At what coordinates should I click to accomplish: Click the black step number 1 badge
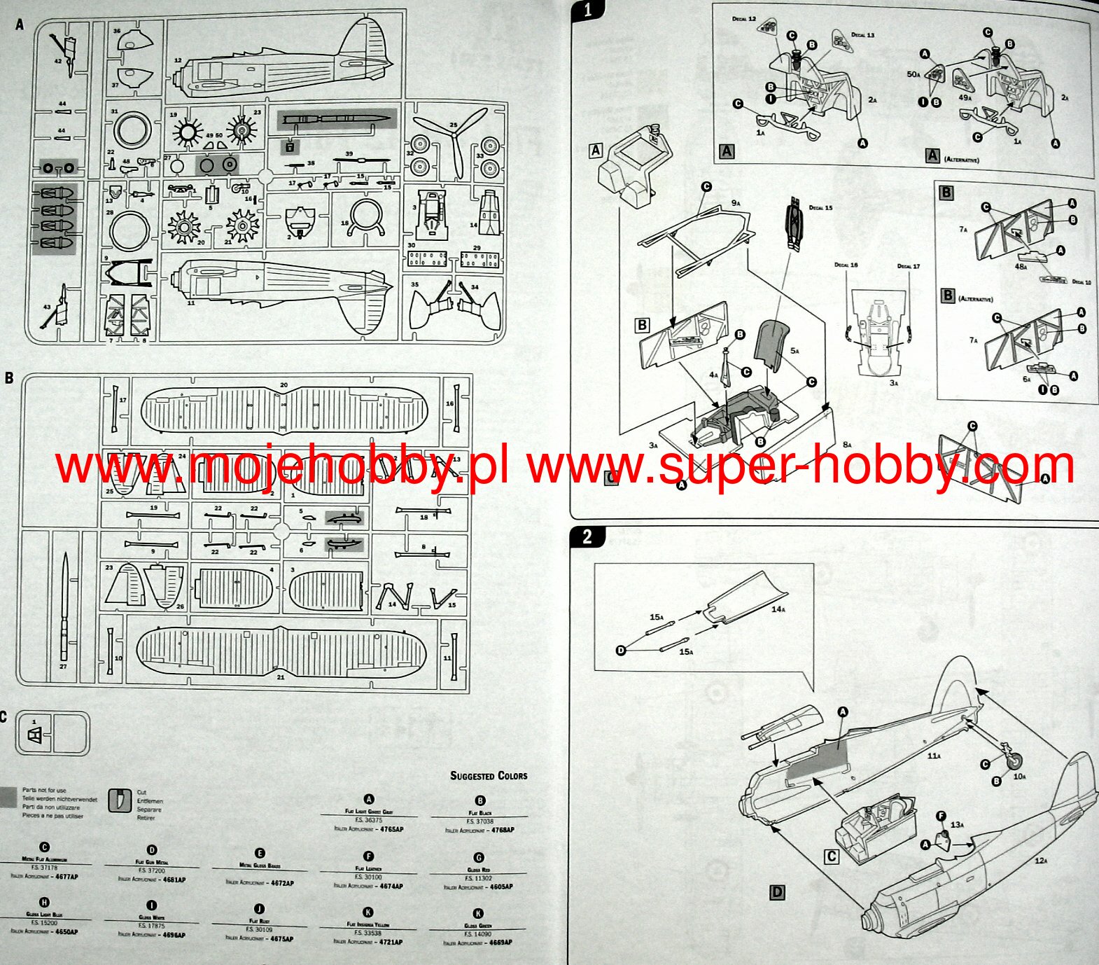pyautogui.click(x=587, y=10)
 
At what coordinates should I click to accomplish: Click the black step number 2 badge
pyautogui.click(x=587, y=536)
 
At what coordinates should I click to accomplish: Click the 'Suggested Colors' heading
pyautogui.click(x=489, y=776)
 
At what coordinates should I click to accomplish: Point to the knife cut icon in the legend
pyautogui.click(x=120, y=800)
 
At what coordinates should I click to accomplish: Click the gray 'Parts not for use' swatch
pyautogui.click(x=8, y=797)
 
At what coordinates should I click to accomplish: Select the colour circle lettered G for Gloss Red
pyautogui.click(x=479, y=858)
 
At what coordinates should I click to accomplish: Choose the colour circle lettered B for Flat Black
pyautogui.click(x=480, y=801)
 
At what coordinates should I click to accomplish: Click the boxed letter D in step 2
pyautogui.click(x=777, y=892)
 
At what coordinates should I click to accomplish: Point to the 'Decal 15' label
pyautogui.click(x=820, y=208)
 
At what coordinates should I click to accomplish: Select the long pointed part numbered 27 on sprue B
pyautogui.click(x=64, y=606)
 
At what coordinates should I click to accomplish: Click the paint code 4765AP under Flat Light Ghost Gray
pyautogui.click(x=390, y=829)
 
